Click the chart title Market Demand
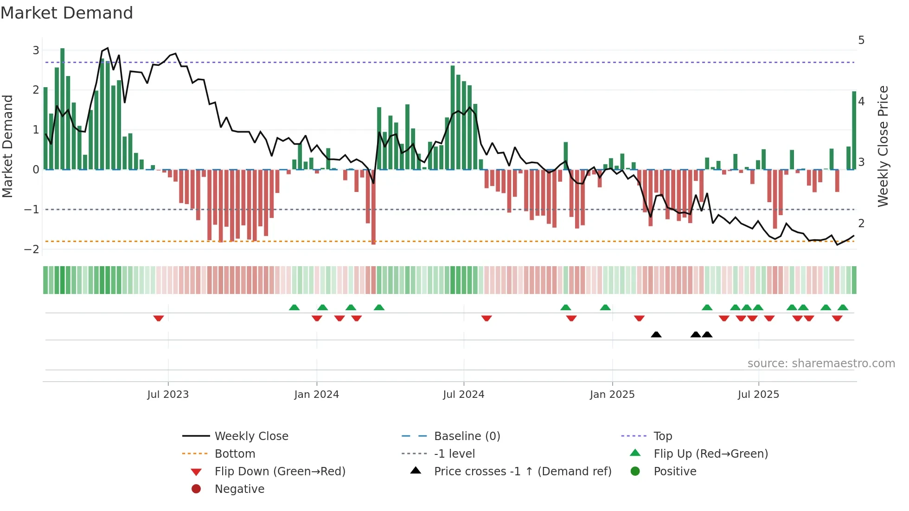point(67,13)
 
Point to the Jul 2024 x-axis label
point(463,394)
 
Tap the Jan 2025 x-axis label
point(612,394)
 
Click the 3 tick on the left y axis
point(36,50)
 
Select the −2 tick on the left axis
point(32,249)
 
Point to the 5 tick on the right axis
point(861,40)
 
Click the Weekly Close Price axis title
point(883,146)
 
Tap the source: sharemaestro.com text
point(821,363)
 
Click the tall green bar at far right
point(854,130)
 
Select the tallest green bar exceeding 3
point(63,109)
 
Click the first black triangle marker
point(656,334)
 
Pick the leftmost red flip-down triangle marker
point(159,318)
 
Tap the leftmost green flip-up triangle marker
point(294,307)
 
